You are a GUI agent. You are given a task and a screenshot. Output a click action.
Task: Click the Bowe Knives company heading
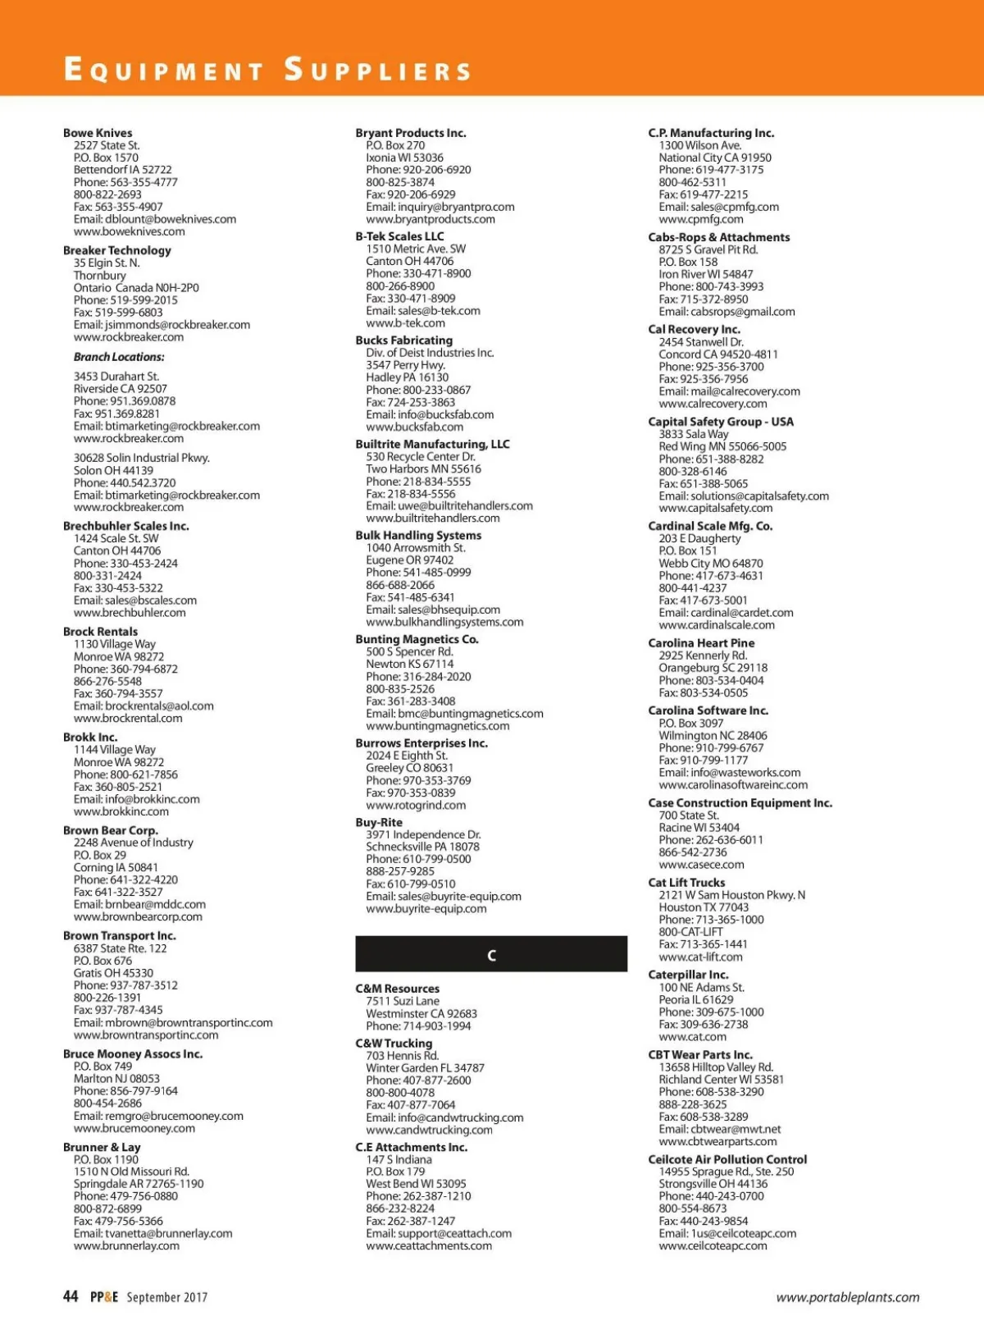coord(98,133)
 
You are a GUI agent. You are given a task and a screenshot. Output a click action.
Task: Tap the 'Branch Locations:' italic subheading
coord(119,357)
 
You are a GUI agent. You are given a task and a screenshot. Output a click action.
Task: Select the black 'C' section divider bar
coord(491,954)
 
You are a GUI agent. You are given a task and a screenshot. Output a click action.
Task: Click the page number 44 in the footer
coord(71,1296)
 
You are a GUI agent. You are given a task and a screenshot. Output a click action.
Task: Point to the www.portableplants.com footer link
coord(848,1297)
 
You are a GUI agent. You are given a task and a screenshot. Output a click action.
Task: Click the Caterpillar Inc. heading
coord(688,975)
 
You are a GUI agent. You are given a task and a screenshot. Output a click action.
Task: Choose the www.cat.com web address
coord(692,1036)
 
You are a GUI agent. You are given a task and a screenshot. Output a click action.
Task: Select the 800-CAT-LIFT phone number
coord(691,932)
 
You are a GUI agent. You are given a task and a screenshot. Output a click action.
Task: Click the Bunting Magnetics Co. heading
coord(417,639)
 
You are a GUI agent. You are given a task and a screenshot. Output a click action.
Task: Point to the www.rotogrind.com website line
coord(416,805)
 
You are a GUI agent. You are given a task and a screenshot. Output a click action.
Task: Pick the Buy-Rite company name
coord(379,822)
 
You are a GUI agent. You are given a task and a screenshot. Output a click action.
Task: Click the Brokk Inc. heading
coord(90,737)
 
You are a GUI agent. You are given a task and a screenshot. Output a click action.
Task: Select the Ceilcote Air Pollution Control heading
coord(727,1159)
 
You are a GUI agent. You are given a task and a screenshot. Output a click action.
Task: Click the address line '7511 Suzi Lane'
coord(403,1001)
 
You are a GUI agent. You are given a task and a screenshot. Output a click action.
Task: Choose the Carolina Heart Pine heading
coord(701,643)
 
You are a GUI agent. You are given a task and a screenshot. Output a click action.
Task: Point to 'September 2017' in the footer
coord(166,1297)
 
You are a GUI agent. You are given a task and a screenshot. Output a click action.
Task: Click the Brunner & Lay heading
coord(102,1147)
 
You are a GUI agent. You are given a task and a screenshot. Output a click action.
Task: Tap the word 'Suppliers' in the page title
coord(378,70)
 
